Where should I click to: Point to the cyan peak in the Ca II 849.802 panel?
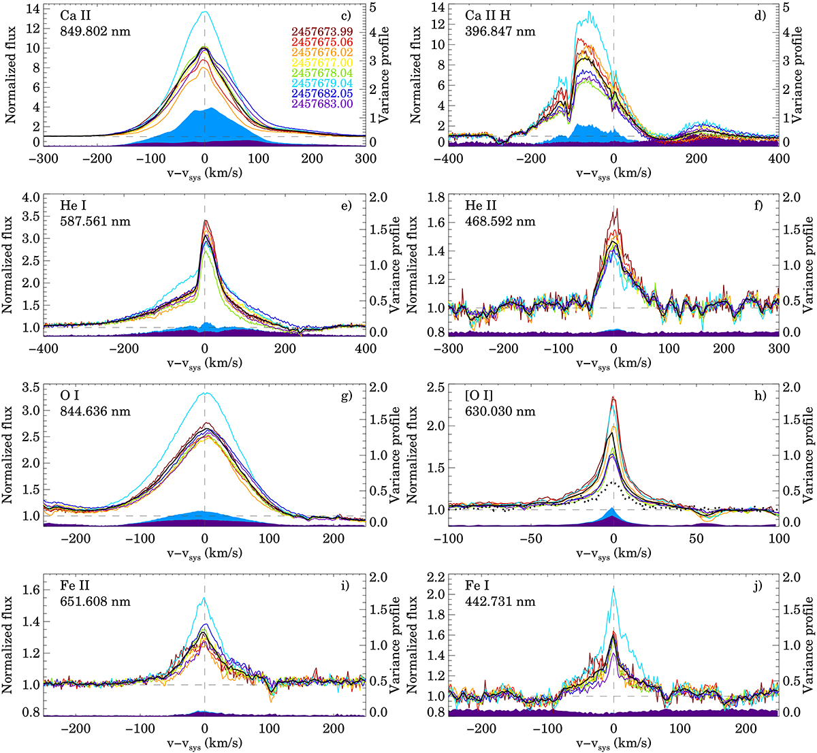[204, 12]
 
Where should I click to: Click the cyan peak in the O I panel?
[205, 393]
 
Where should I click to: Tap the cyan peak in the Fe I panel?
[613, 588]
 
